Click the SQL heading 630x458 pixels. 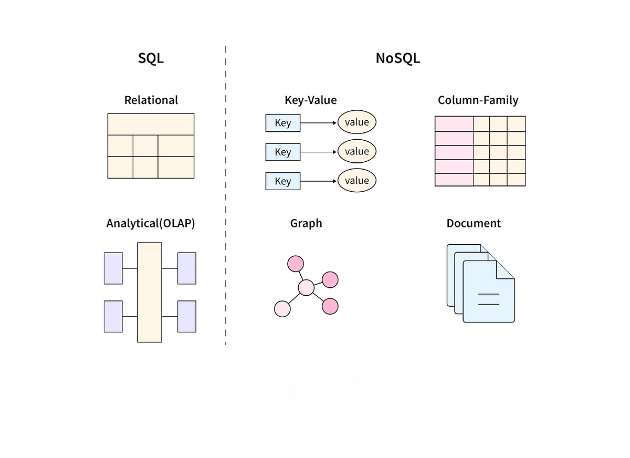pyautogui.click(x=151, y=58)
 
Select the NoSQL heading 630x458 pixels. pyautogui.click(x=397, y=58)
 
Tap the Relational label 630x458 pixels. pyautogui.click(x=151, y=100)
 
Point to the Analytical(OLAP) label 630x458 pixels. pyautogui.click(x=151, y=223)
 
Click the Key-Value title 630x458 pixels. pyautogui.click(x=310, y=100)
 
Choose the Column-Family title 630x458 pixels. pyautogui.click(x=478, y=100)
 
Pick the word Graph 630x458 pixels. pyautogui.click(x=306, y=223)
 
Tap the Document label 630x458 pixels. pyautogui.click(x=474, y=223)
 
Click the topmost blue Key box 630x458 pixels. pyautogui.click(x=282, y=123)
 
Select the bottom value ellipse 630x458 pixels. pyautogui.click(x=357, y=181)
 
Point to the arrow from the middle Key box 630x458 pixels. pyautogui.click(x=318, y=152)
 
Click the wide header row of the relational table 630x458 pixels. pyautogui.click(x=151, y=124)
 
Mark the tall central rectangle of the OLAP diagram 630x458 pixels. pyautogui.click(x=150, y=292)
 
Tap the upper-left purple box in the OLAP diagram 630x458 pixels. pyautogui.click(x=113, y=268)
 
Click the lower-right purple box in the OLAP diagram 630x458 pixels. pyautogui.click(x=186, y=316)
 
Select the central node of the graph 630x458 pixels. pyautogui.click(x=306, y=287)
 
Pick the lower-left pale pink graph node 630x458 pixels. pyautogui.click(x=282, y=309)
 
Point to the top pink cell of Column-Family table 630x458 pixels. pyautogui.click(x=454, y=123)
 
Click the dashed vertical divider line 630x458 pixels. pyautogui.click(x=226, y=194)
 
